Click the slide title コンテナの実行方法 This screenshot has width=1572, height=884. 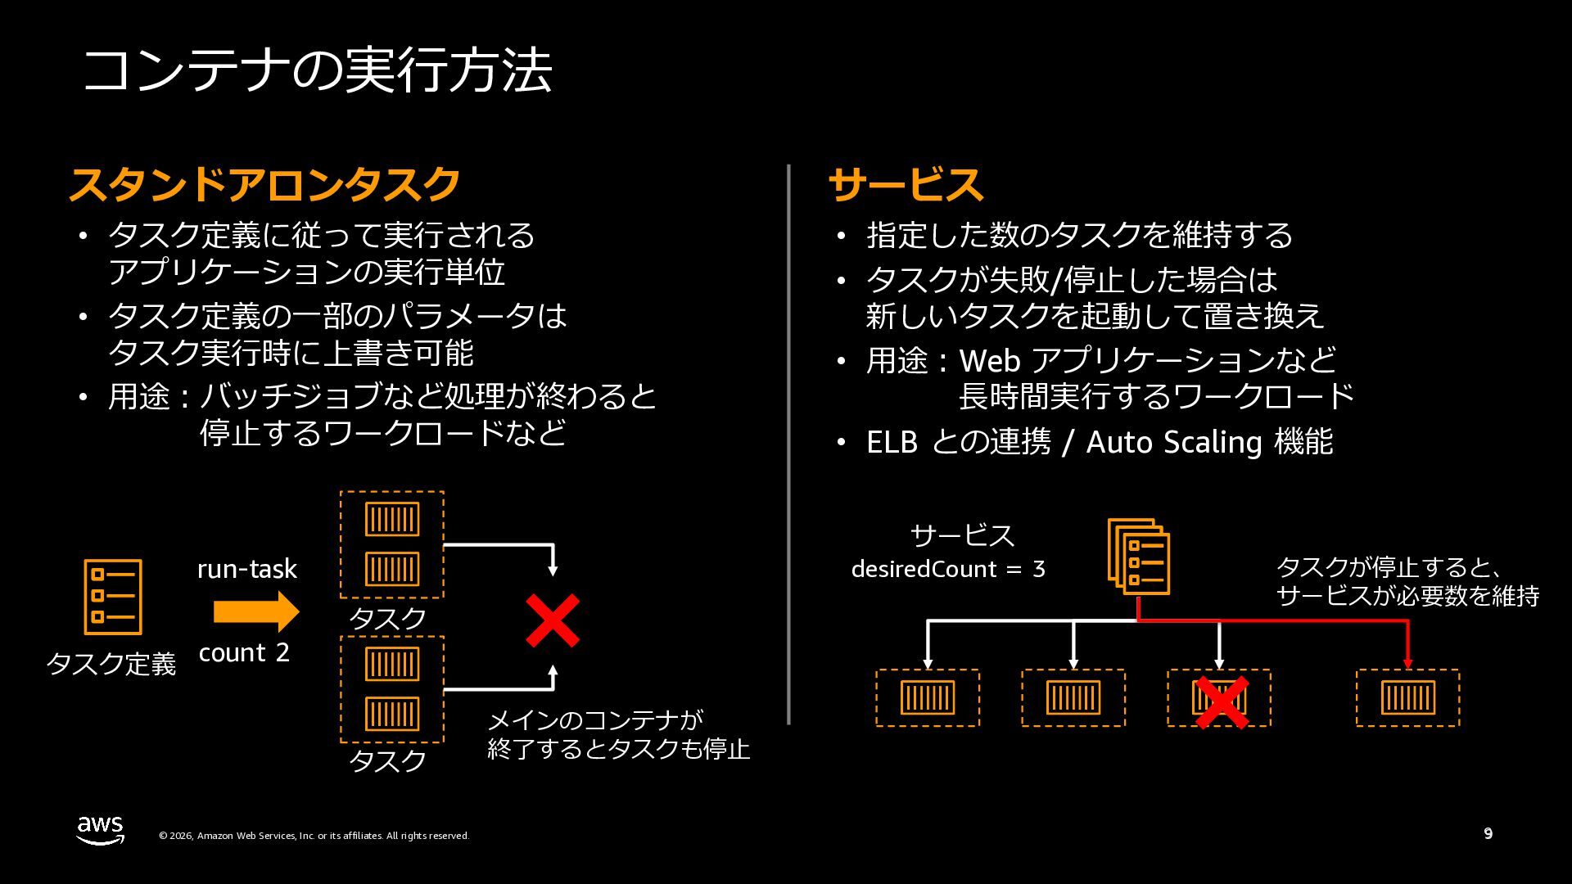point(318,70)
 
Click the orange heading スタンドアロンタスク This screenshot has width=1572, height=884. point(264,184)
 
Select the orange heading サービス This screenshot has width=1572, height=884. point(905,184)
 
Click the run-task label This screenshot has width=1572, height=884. point(246,569)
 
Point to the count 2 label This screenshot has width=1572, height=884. point(244,652)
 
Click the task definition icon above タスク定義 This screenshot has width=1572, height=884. point(113,597)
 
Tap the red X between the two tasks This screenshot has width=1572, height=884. point(553,620)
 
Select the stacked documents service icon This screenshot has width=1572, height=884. point(1138,557)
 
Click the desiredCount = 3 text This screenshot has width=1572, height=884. point(948,569)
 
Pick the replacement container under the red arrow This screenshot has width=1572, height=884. point(1407,698)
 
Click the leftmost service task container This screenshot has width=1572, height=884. point(928,698)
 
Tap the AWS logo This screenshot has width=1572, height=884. point(101,829)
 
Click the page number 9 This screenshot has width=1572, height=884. point(1488,834)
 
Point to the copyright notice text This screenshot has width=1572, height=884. point(314,836)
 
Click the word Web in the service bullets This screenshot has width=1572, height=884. point(989,360)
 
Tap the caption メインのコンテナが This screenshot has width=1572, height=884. point(595,720)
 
